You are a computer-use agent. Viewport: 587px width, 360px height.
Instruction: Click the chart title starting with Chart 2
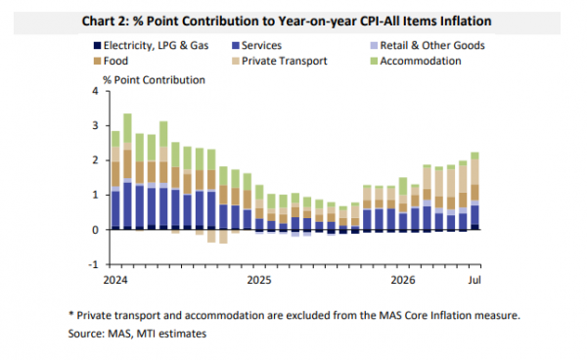(287, 22)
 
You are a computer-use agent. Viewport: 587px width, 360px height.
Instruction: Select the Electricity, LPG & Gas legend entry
(151, 46)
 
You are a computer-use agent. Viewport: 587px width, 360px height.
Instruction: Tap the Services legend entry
(256, 46)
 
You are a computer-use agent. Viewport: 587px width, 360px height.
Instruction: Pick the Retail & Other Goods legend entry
(428, 46)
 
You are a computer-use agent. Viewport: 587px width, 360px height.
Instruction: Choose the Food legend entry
(111, 61)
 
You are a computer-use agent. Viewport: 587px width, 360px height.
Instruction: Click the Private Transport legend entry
(280, 61)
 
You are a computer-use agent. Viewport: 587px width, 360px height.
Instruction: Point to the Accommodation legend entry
(416, 61)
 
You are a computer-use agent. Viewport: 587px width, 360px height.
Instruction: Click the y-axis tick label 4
(95, 91)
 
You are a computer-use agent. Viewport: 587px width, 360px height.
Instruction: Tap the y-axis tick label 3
(95, 126)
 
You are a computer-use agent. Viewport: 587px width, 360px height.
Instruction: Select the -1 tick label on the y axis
(93, 264)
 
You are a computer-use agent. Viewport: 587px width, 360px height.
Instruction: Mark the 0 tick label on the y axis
(95, 230)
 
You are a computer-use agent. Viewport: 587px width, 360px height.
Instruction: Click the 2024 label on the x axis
(115, 280)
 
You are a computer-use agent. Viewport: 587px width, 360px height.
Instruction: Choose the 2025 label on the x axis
(259, 280)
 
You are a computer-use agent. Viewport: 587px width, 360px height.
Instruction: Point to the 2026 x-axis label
(403, 280)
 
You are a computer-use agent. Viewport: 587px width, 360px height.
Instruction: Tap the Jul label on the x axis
(474, 280)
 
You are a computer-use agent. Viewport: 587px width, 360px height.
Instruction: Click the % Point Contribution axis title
(154, 80)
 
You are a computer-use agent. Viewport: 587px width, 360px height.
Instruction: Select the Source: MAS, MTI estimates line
(137, 334)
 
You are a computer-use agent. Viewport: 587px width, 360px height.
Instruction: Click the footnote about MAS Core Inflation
(294, 315)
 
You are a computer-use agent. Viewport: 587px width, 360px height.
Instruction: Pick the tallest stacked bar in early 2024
(127, 171)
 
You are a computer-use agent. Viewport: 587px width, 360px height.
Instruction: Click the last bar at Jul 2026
(474, 191)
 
